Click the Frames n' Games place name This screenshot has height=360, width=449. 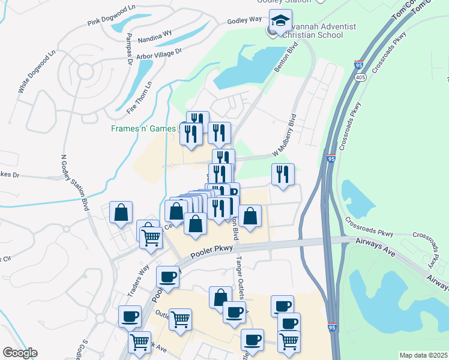point(145,128)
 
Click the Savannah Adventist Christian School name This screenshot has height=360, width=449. point(318,31)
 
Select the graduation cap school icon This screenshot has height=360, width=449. point(279,20)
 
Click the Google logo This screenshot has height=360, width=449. point(20,353)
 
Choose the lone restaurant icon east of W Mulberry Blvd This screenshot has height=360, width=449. point(283,174)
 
